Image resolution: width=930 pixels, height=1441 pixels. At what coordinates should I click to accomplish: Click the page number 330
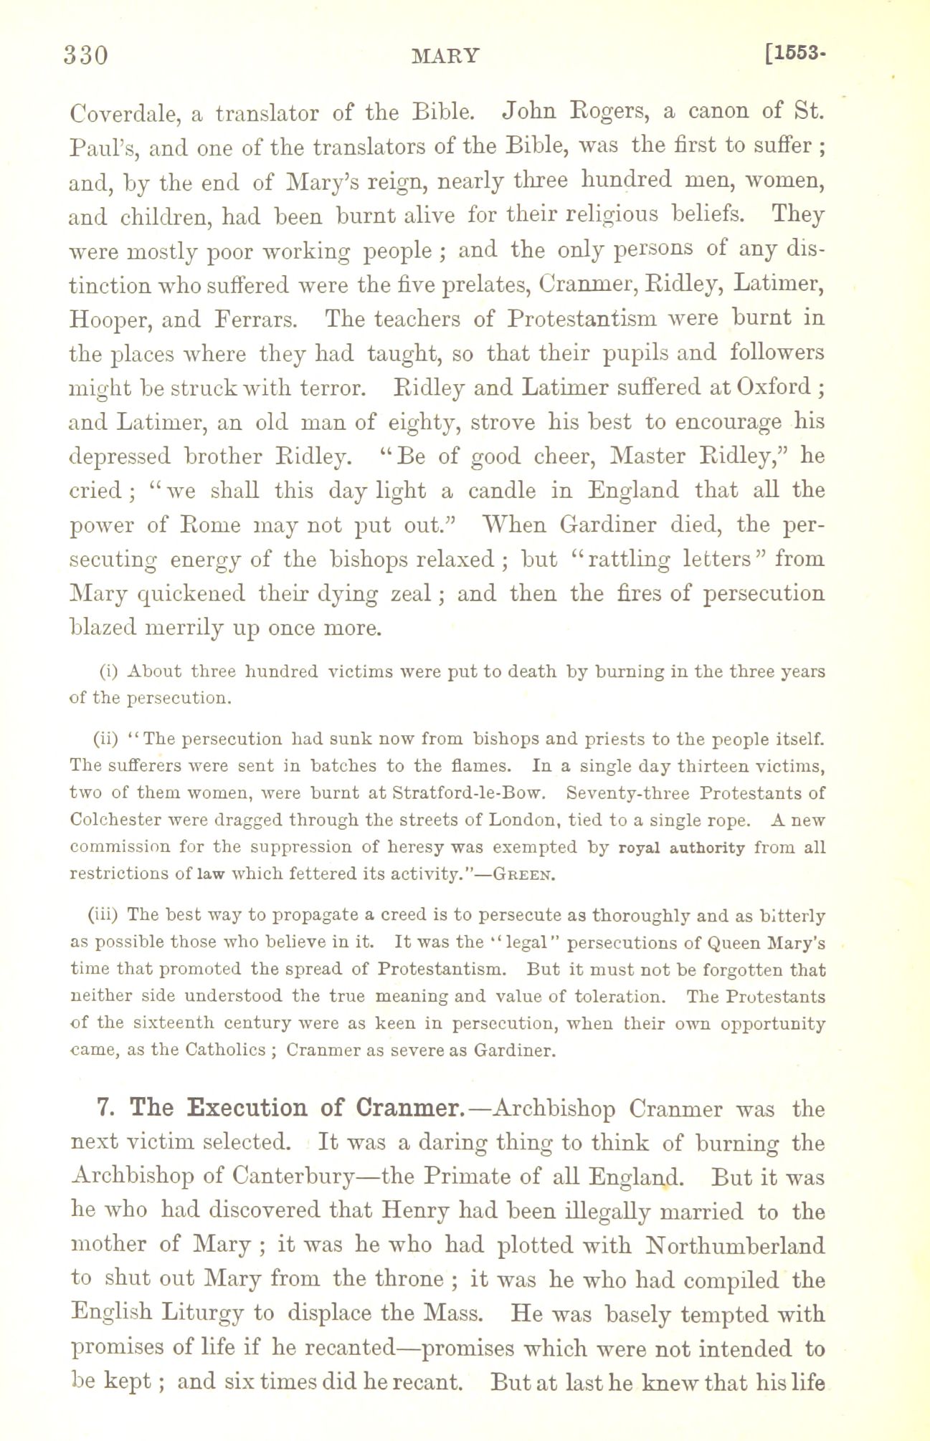pos(86,55)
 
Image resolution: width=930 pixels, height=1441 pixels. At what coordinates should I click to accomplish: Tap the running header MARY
pos(446,56)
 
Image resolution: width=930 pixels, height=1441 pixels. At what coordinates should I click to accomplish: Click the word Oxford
pos(776,387)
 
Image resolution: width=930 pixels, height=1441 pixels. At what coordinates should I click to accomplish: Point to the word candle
pos(502,491)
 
